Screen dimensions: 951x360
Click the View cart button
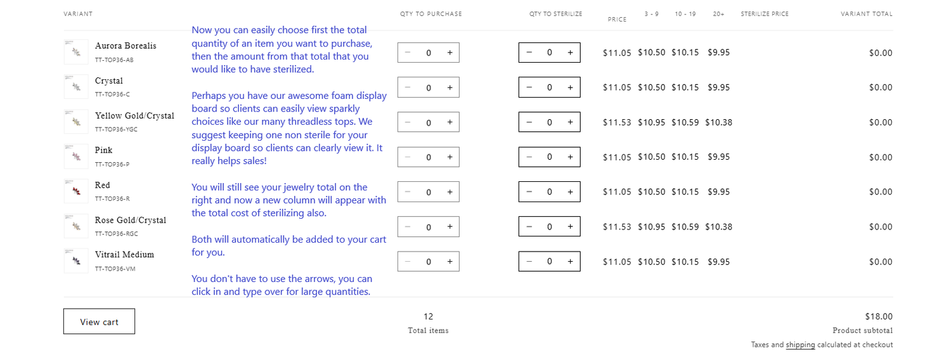click(100, 321)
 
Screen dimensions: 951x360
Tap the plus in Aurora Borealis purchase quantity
click(450, 53)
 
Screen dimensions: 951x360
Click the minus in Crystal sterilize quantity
click(529, 87)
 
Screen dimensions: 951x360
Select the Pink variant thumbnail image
click(76, 157)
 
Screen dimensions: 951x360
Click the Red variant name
click(102, 185)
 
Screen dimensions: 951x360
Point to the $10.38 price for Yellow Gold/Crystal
click(719, 122)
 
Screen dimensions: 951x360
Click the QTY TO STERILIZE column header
click(556, 14)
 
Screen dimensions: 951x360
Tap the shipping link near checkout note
click(800, 345)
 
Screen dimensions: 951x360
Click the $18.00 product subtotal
click(879, 316)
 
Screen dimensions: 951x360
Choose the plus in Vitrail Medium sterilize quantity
click(570, 262)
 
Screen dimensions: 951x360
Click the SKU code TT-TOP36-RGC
click(116, 234)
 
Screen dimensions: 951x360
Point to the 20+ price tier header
click(718, 14)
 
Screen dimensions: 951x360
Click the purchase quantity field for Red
click(429, 192)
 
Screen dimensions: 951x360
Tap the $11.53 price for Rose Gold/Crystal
click(617, 227)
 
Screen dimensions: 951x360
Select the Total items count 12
click(429, 316)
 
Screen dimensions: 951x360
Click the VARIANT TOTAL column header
click(867, 14)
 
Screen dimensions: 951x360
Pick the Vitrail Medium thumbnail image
click(76, 261)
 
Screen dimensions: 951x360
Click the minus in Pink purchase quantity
click(408, 157)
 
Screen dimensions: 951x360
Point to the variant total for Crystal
click(881, 87)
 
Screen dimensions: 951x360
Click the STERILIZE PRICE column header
click(765, 14)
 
